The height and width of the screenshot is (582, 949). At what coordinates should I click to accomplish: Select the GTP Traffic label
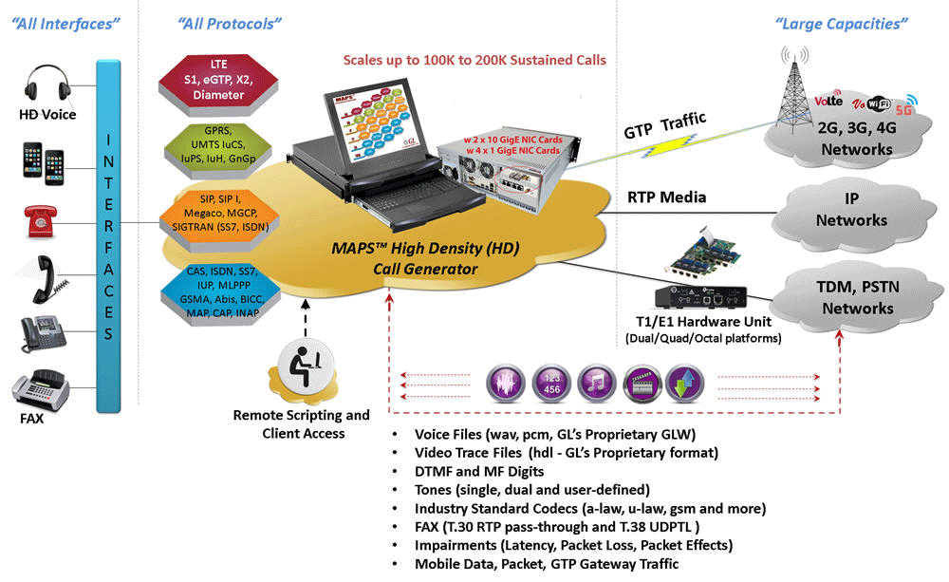click(x=664, y=133)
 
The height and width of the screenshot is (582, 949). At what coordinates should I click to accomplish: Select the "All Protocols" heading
click(x=227, y=21)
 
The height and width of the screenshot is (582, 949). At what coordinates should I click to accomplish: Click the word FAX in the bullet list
click(x=429, y=527)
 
